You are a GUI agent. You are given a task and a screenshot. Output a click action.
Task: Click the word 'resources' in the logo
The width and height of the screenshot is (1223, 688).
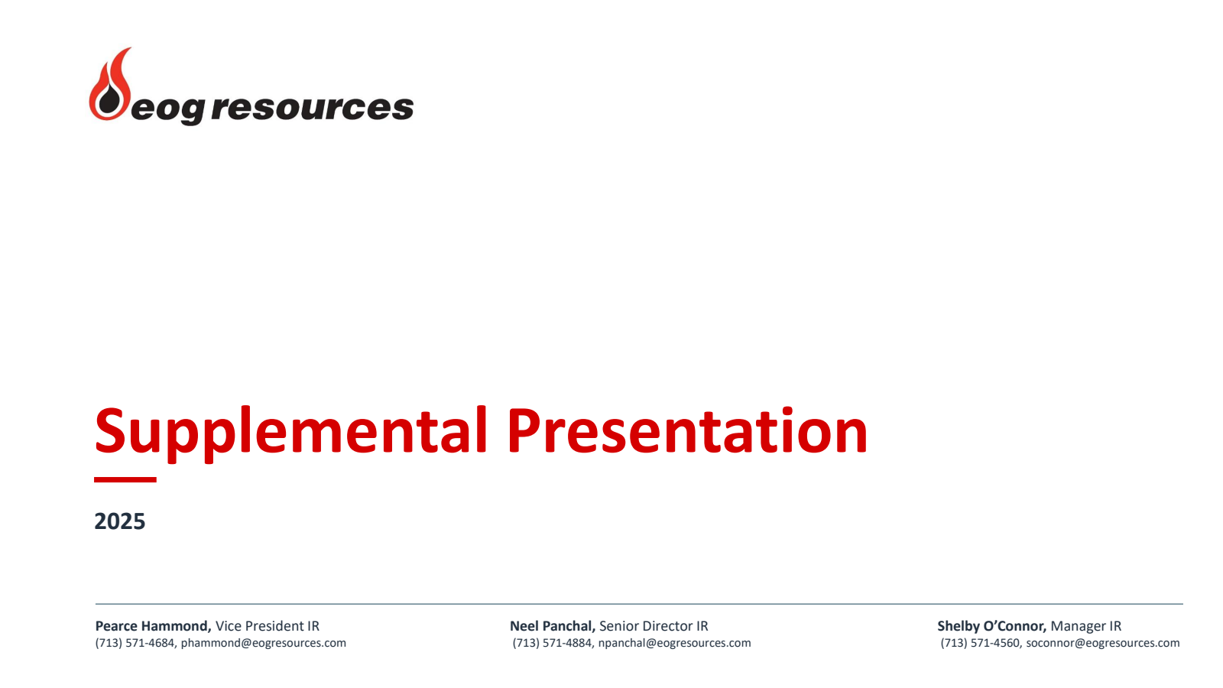(x=313, y=106)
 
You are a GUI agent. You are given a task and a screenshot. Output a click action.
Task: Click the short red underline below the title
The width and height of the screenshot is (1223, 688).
(x=125, y=479)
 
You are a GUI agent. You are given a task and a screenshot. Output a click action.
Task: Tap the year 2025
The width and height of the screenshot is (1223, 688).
(x=119, y=521)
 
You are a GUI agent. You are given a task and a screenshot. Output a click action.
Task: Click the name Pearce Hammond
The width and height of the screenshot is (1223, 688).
(x=153, y=626)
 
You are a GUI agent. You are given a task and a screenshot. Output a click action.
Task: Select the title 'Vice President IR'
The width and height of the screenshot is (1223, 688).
(x=268, y=626)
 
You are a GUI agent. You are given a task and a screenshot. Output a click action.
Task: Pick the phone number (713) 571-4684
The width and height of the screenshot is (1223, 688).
(x=135, y=643)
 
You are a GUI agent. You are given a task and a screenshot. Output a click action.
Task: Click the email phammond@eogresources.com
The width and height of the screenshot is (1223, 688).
(x=264, y=643)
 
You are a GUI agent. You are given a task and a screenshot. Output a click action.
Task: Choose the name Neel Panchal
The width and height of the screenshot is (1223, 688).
(x=553, y=626)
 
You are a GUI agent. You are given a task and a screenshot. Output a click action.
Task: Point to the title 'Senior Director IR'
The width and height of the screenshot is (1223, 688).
(x=654, y=626)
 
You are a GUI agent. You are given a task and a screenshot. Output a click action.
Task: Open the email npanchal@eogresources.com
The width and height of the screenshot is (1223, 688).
(x=675, y=643)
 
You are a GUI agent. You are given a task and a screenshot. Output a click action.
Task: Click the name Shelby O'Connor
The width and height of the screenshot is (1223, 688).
(x=992, y=626)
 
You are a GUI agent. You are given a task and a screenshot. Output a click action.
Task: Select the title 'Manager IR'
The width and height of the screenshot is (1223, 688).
(x=1086, y=626)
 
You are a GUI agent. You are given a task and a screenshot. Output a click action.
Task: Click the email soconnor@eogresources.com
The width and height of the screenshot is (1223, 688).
(x=1103, y=643)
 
